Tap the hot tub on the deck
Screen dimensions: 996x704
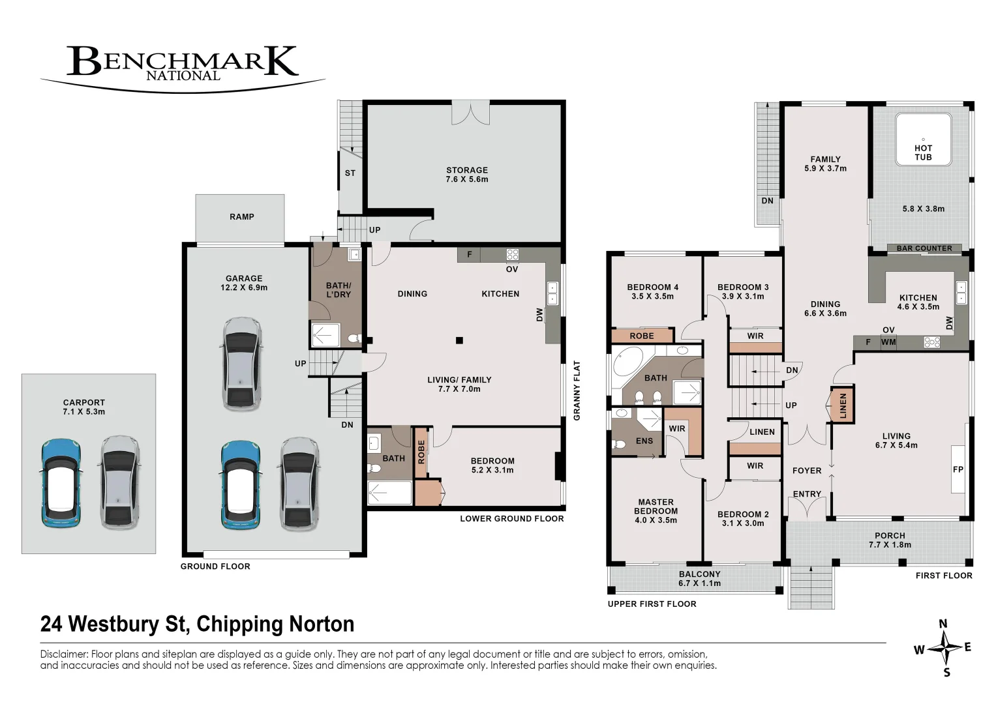point(923,139)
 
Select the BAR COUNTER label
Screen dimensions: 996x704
point(924,248)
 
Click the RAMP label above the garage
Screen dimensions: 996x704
point(242,217)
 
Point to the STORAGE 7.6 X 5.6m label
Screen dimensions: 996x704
point(467,175)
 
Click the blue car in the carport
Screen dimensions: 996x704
point(61,483)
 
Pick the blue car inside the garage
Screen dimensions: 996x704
point(241,486)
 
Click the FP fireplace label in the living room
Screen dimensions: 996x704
point(958,469)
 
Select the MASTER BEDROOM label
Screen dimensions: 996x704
point(656,506)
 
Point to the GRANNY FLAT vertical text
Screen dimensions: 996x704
point(577,390)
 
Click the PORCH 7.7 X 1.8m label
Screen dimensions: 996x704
point(890,540)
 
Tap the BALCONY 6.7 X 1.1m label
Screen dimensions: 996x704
point(699,579)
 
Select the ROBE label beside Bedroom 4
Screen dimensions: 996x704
point(642,336)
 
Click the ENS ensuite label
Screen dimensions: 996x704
point(644,441)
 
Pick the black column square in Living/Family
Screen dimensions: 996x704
point(459,340)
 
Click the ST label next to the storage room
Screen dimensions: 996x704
point(350,173)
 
